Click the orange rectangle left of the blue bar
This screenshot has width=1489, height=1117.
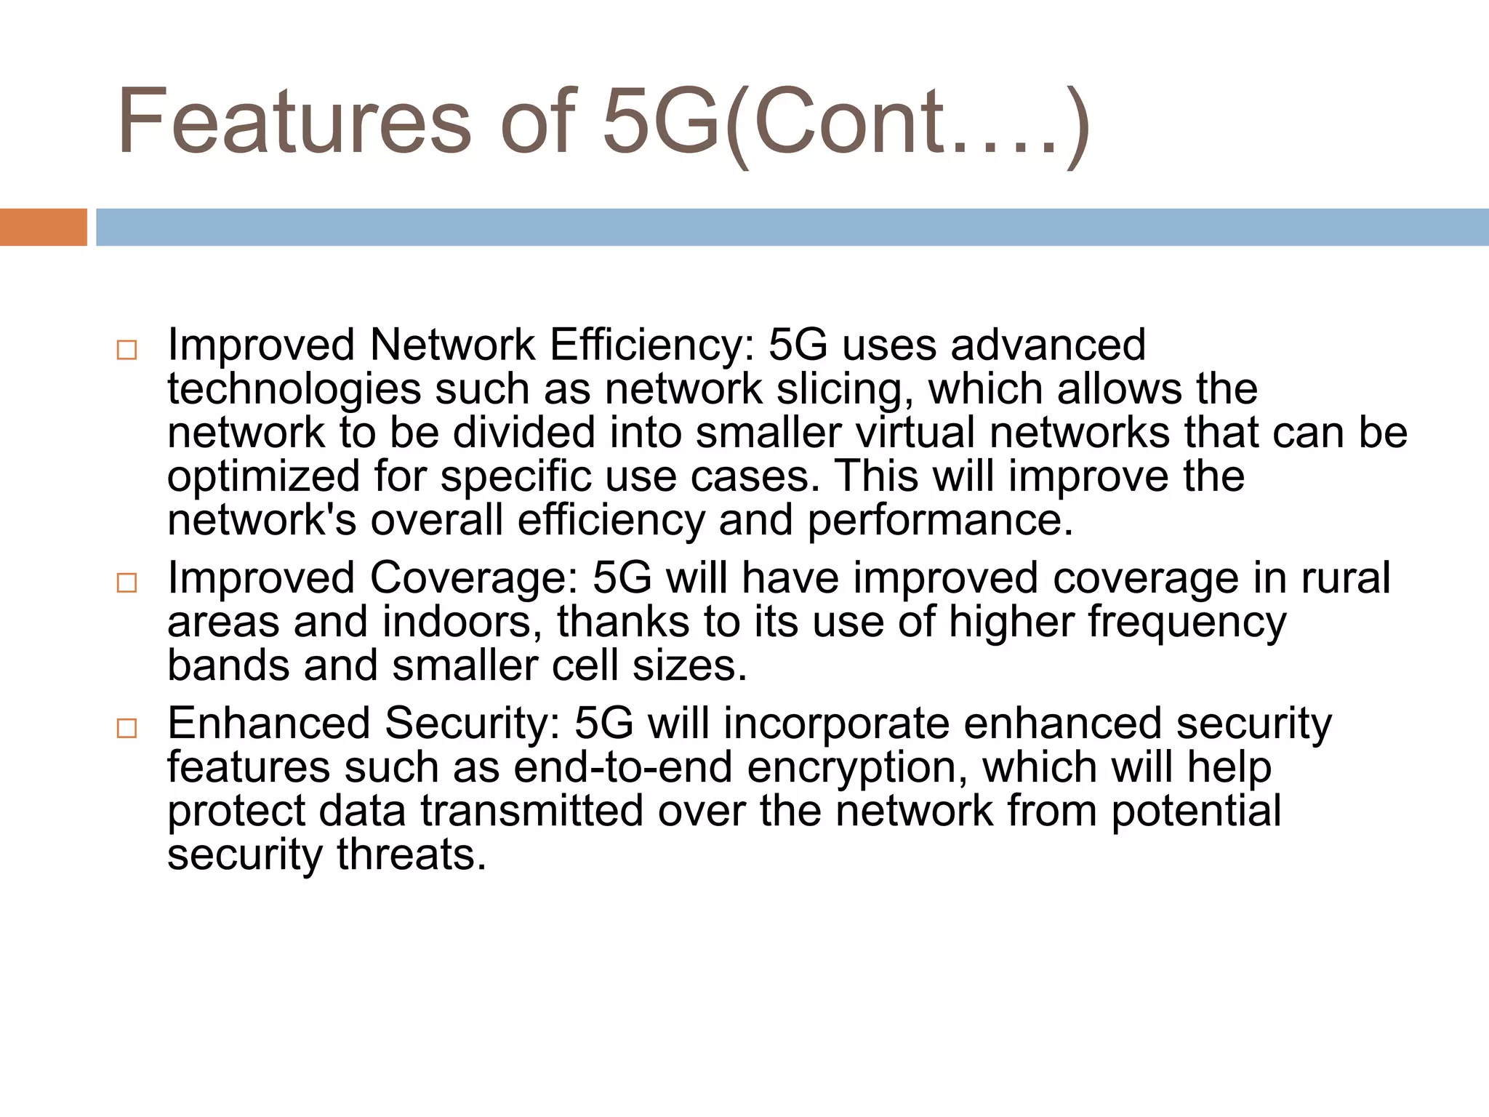(43, 227)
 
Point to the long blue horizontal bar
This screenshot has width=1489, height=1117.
(792, 227)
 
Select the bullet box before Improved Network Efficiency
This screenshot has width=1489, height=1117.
(127, 351)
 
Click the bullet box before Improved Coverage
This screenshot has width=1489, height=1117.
(127, 583)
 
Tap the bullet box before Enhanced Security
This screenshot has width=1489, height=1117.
(127, 729)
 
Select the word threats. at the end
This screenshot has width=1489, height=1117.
(411, 855)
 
